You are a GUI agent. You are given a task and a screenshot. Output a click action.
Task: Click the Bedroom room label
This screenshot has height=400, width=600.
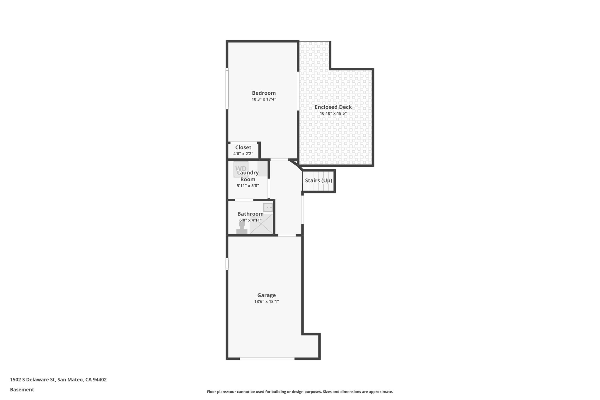pyautogui.click(x=264, y=93)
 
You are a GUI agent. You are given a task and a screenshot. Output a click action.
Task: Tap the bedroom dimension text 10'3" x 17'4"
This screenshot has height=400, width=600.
pyautogui.click(x=264, y=99)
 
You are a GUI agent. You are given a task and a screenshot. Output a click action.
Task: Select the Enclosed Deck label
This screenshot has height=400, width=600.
pyautogui.click(x=333, y=107)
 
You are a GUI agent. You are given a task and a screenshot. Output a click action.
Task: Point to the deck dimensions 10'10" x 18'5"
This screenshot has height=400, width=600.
pyautogui.click(x=333, y=113)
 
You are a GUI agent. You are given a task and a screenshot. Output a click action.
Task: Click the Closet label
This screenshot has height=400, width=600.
pyautogui.click(x=243, y=147)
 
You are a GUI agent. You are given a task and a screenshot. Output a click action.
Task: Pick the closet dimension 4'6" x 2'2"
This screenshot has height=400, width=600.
pyautogui.click(x=243, y=154)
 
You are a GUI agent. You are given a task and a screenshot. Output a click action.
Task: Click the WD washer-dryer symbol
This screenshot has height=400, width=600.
pyautogui.click(x=241, y=169)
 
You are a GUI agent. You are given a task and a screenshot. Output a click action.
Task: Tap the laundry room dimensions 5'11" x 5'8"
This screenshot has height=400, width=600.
pyautogui.click(x=248, y=185)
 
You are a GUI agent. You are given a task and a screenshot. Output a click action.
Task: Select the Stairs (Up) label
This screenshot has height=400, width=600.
pyautogui.click(x=318, y=181)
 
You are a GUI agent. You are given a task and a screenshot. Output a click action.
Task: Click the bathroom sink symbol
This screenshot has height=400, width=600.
pyautogui.click(x=268, y=207)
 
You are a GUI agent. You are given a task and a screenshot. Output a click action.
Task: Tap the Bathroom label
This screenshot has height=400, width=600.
pyautogui.click(x=250, y=214)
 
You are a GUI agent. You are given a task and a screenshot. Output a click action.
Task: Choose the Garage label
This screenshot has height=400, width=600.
pyautogui.click(x=267, y=295)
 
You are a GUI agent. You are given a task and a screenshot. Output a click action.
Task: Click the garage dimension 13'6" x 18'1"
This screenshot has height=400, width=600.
pyautogui.click(x=267, y=302)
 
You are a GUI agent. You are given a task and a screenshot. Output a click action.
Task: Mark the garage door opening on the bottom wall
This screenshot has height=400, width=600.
pyautogui.click(x=267, y=358)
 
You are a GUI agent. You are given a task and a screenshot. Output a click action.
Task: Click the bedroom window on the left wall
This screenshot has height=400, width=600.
pyautogui.click(x=227, y=89)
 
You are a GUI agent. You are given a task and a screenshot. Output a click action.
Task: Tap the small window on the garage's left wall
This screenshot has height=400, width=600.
pyautogui.click(x=227, y=264)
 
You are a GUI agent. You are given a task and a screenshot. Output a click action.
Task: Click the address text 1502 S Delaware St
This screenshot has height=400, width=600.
pyautogui.click(x=33, y=380)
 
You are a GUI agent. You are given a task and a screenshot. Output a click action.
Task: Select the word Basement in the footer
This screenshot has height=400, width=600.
pyautogui.click(x=22, y=390)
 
